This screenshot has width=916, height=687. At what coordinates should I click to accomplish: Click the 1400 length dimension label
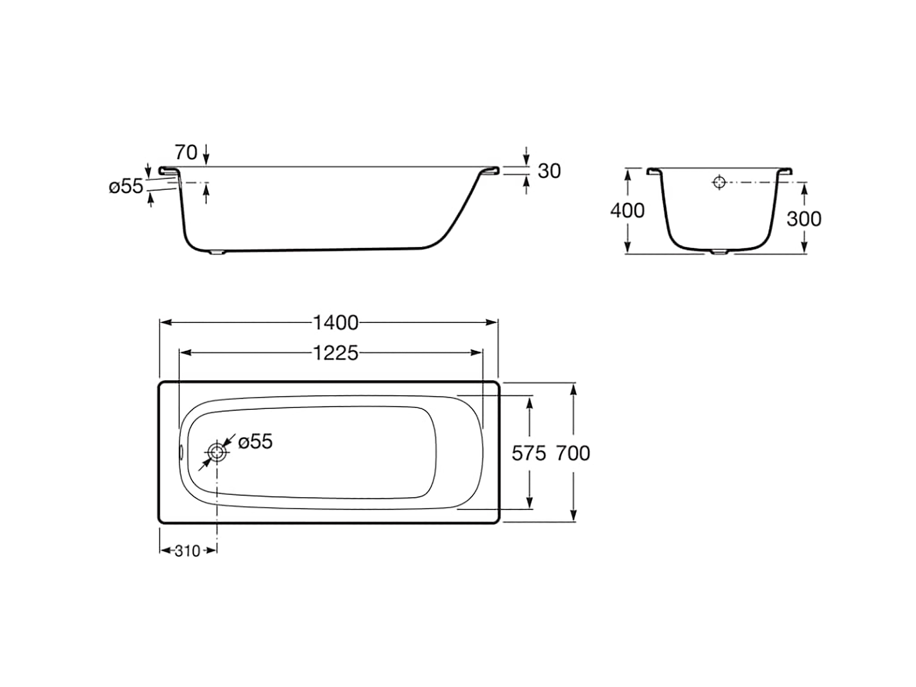(x=335, y=323)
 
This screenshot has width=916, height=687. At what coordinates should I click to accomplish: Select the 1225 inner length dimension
(x=335, y=353)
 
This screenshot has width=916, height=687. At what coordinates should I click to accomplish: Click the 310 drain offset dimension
(x=188, y=551)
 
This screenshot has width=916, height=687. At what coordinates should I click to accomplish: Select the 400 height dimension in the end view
(x=627, y=211)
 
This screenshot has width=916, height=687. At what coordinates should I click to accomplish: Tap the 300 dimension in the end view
(x=804, y=219)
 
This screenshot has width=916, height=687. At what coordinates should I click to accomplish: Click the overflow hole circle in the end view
(x=719, y=182)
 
